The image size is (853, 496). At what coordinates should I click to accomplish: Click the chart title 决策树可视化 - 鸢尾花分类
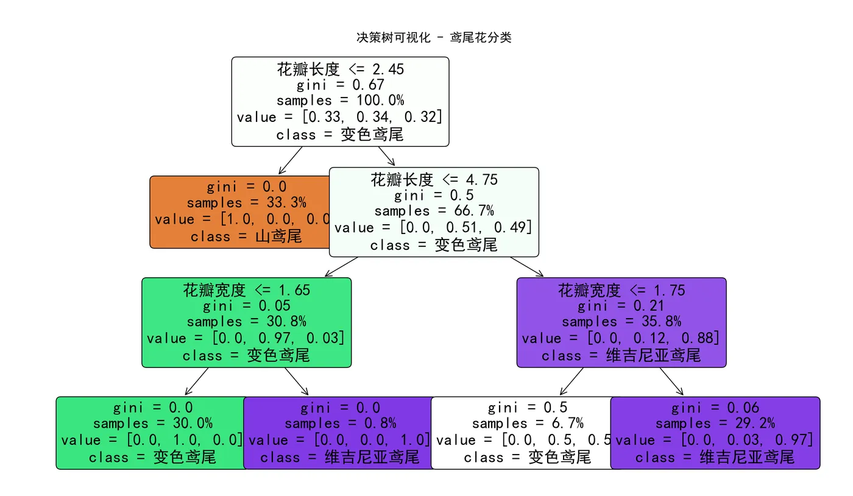pos(433,38)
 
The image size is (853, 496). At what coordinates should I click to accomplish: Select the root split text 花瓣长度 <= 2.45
pos(340,69)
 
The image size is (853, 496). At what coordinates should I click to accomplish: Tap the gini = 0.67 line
pos(340,85)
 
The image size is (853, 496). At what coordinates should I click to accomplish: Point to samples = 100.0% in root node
pos(340,101)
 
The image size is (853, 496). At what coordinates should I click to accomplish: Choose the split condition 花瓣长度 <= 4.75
pos(434,180)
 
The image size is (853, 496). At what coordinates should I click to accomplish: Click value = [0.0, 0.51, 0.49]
pos(434,227)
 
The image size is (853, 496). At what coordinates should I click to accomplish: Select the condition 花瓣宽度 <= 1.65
pos(246,290)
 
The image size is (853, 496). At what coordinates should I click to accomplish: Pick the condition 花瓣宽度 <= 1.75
pos(621,290)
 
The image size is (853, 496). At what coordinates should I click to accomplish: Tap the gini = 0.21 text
pos(621,306)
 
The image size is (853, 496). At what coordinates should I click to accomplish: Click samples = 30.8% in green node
pos(246,322)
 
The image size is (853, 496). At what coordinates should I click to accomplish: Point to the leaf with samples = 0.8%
pos(339,433)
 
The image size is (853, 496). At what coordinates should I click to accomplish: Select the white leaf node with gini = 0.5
pos(523,433)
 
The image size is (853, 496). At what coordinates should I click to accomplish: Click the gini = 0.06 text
pos(715,408)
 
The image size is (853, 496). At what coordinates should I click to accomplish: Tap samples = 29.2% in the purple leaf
pos(715,423)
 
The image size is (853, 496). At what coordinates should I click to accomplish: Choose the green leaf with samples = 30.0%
pos(151,433)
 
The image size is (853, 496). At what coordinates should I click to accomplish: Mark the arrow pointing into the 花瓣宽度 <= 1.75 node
pos(526,267)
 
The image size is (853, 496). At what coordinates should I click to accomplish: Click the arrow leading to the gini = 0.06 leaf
pos(671,382)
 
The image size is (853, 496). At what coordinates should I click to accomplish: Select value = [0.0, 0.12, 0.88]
pos(621,338)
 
